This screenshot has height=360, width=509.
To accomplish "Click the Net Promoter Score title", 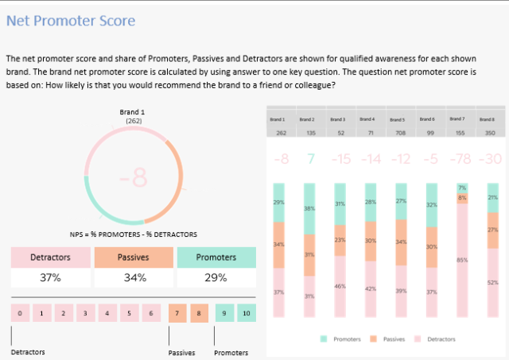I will pos(70,21).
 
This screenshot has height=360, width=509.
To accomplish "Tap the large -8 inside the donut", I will pos(134,178).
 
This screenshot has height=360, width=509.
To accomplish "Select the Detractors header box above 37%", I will pos(49,257).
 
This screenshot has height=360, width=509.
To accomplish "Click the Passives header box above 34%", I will pos(132,257).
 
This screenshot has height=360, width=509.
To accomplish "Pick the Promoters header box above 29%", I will pos(216,257).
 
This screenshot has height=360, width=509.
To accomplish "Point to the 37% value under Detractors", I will pos(49,278).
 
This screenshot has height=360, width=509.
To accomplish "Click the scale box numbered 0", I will pos(19,313).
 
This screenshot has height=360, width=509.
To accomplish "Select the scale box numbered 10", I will pos(247,313).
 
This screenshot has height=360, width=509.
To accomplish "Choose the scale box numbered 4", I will pos(107,313).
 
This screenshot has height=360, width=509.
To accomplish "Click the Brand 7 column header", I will pos(458,118).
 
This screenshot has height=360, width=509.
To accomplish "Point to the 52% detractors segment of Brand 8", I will pos(492,282).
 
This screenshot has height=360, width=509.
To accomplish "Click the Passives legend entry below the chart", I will pos(390,339).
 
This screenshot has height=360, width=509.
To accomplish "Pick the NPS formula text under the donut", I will pos(134,234).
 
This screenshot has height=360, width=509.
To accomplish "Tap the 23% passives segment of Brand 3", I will pos(340,239).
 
